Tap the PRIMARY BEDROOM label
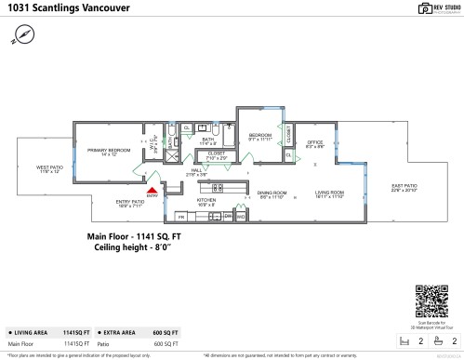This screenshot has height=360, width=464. point(108,151)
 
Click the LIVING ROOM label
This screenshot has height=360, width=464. point(329,194)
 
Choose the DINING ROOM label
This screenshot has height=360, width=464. point(272,194)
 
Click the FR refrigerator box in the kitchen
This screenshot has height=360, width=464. point(181,216)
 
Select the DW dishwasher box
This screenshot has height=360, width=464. point(228,216)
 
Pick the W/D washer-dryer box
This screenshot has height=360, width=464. point(240,216)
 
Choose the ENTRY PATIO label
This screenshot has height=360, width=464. point(129,202)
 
